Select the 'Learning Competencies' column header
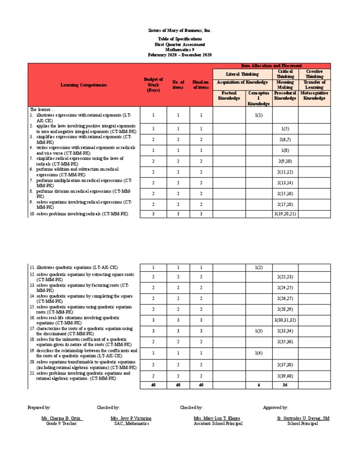(83, 85)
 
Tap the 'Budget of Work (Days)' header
(153, 85)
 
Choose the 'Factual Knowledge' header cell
(229, 96)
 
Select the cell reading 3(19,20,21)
(285, 214)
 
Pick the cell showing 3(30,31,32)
(285, 320)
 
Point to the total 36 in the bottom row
(285, 385)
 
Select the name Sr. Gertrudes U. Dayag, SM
(303, 418)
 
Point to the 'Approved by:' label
(276, 408)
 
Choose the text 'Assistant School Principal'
(218, 423)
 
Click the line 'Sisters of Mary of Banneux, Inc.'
(180, 30)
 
